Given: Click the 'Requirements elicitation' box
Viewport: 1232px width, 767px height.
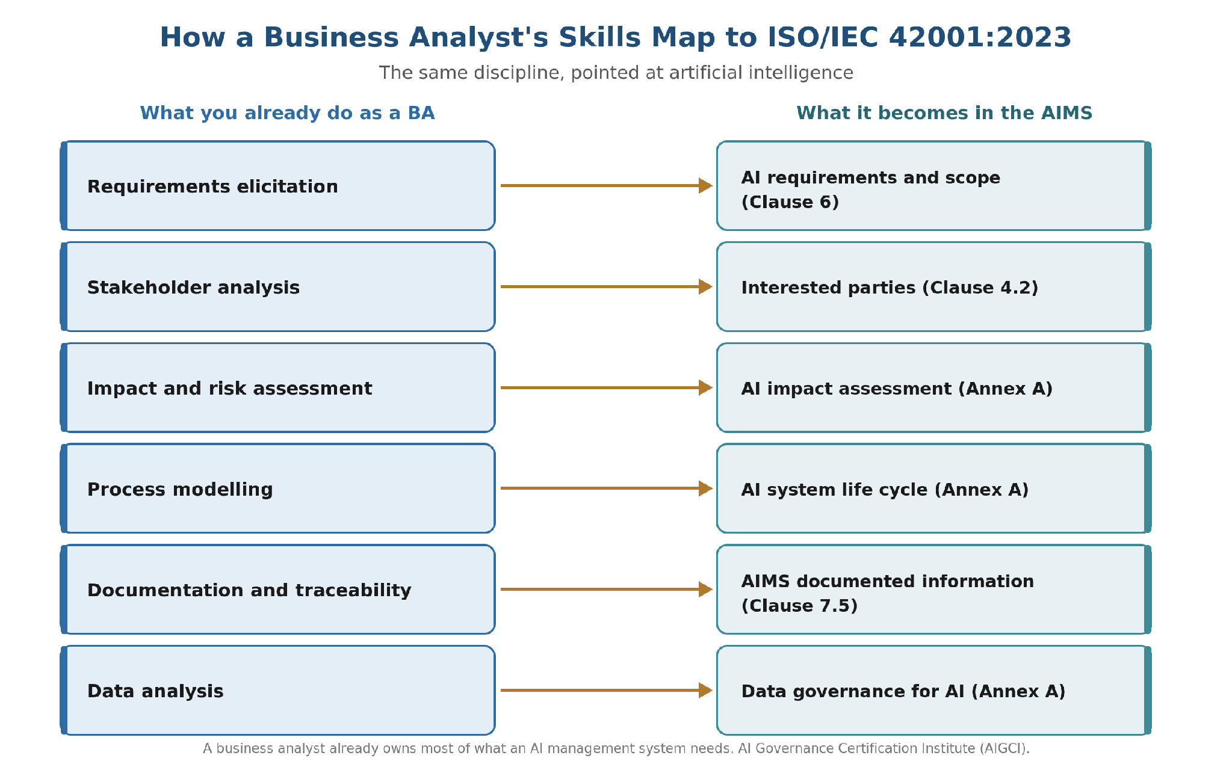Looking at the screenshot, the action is (x=277, y=186).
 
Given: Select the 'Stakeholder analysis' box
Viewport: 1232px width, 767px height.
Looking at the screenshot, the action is (x=277, y=287).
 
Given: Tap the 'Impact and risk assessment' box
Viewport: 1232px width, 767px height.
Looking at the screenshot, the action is (x=277, y=388).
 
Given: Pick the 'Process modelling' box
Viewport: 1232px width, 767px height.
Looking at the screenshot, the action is (x=277, y=488).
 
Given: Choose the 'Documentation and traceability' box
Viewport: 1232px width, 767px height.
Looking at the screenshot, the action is (x=277, y=590).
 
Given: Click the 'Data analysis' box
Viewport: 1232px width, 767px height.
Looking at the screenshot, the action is (x=277, y=691).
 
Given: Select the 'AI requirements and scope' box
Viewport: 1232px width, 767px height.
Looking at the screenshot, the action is (x=934, y=186).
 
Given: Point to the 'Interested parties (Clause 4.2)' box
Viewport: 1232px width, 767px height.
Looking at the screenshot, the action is (x=934, y=287).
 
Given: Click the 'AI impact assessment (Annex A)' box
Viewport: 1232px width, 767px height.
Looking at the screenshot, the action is (x=934, y=388).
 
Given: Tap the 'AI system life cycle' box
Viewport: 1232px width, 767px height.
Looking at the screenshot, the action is (x=934, y=488).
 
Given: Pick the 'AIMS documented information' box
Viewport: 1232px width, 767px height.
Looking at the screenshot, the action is (x=934, y=590).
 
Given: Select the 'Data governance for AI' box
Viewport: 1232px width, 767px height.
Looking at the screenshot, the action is (x=934, y=691).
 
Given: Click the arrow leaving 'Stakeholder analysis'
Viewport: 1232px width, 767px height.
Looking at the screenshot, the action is (x=607, y=287).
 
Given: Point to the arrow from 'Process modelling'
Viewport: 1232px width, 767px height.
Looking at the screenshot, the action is (x=607, y=488).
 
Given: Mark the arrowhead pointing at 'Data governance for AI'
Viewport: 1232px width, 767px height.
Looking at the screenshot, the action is (x=706, y=691).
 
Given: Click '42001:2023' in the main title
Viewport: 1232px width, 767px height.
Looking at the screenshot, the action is (x=980, y=37).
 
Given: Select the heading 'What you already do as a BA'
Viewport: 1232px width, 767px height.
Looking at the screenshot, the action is (x=287, y=113).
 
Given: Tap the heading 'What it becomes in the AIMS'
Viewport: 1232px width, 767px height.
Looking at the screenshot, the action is (x=944, y=113).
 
